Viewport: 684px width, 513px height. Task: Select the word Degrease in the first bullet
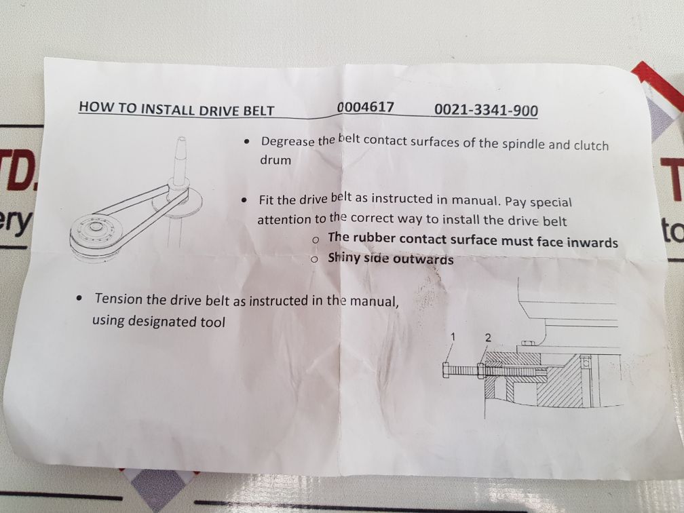tap(288, 142)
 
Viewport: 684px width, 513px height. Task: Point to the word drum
tap(275, 161)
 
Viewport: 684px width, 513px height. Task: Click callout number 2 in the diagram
tap(487, 337)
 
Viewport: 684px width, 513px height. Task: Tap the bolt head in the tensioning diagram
tap(445, 370)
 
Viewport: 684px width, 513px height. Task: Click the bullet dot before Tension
tap(81, 299)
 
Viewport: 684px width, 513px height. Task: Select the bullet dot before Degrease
tap(246, 142)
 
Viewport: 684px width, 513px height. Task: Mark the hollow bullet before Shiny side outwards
tap(315, 259)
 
